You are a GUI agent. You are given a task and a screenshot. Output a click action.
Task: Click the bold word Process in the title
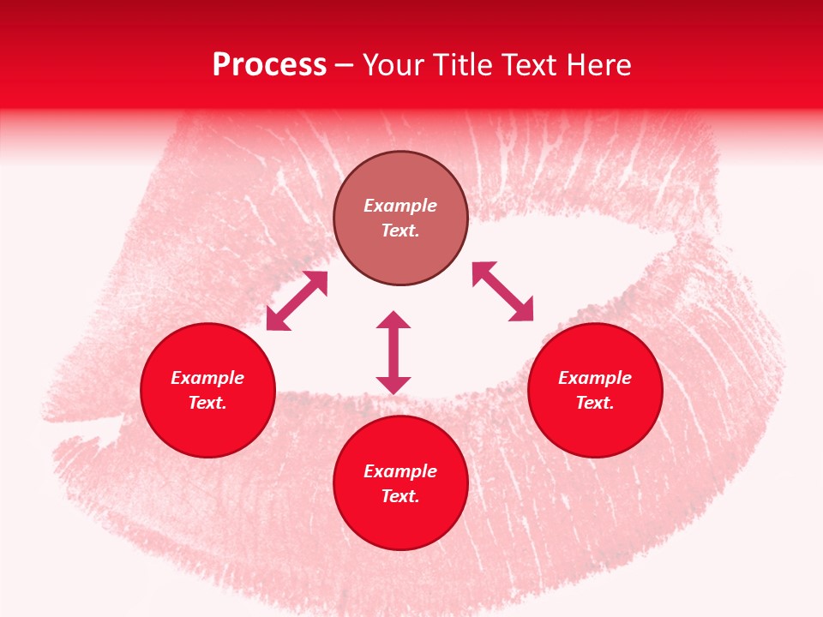[269, 65]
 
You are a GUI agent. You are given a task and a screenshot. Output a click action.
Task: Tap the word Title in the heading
[476, 65]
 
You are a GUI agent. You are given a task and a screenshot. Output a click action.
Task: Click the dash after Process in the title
[345, 66]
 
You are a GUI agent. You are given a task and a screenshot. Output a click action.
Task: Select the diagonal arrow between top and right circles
[502, 291]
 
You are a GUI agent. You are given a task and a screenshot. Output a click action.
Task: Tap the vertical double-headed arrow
[393, 352]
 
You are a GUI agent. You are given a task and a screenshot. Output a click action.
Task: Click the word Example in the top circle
[400, 206]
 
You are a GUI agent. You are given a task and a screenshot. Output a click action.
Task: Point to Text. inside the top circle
[400, 231]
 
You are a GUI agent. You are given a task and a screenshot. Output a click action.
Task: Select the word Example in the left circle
[207, 378]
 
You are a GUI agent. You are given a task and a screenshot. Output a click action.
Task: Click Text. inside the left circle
[207, 403]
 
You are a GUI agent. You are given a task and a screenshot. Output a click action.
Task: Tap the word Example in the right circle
[595, 378]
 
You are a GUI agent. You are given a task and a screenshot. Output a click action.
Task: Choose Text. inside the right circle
[595, 403]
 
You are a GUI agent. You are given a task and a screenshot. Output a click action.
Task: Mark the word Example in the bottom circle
[400, 471]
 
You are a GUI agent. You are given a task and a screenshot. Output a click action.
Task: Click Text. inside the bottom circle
[400, 496]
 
